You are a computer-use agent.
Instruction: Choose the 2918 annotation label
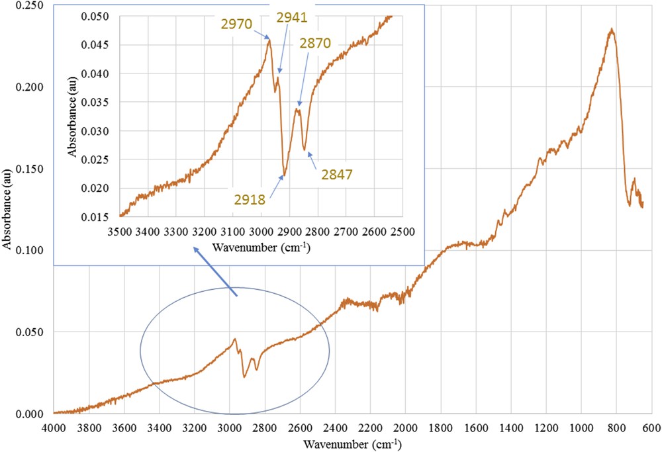[x=249, y=198]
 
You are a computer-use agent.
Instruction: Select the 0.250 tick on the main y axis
[x=30, y=5]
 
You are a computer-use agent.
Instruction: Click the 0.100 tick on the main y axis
[x=30, y=250]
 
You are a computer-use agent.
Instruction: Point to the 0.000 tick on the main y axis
[x=30, y=414]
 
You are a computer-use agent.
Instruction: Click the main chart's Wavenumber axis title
[x=352, y=442]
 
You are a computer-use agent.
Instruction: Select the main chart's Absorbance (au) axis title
[x=9, y=210]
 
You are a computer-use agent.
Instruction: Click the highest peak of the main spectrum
[x=612, y=29]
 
